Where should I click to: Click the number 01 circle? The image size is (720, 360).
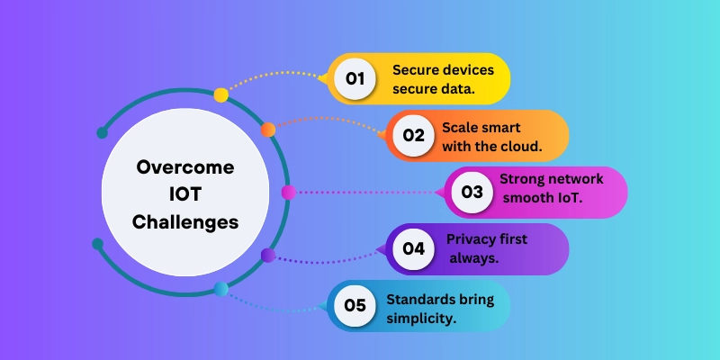[x=355, y=79]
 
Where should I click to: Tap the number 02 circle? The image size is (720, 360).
[x=413, y=136]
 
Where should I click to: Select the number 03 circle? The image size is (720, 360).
[x=472, y=192]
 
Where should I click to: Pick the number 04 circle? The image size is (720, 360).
[x=413, y=248]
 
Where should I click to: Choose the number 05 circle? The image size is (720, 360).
[x=355, y=305]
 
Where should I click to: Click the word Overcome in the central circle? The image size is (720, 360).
[x=185, y=167]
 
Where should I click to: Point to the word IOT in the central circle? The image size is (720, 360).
[x=185, y=193]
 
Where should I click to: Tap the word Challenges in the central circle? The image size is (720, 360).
[x=185, y=221]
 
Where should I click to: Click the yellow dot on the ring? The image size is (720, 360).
[x=221, y=94]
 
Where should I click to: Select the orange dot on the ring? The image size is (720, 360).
[x=268, y=130]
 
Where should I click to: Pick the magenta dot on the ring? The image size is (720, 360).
[x=288, y=192]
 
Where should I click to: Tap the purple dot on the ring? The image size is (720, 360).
[x=267, y=255]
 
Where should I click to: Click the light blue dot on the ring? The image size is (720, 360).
[x=221, y=289]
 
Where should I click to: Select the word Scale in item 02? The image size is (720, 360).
[x=460, y=127]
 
